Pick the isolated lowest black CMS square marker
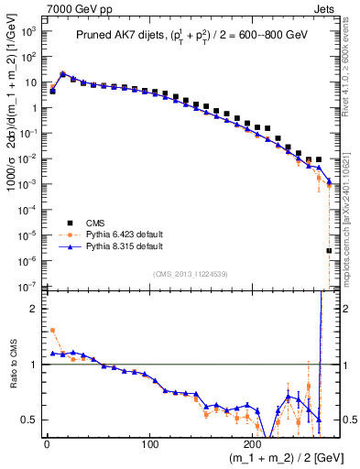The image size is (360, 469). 329,250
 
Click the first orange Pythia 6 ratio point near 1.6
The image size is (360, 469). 52,331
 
